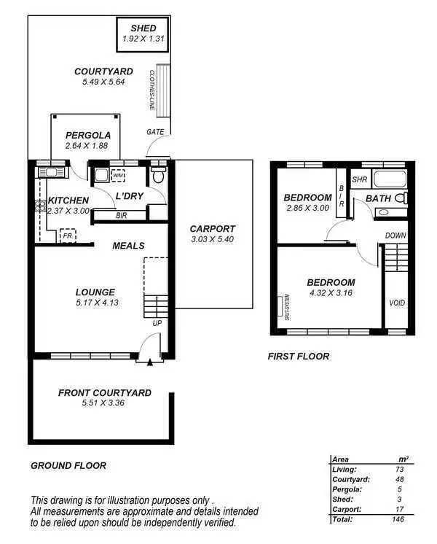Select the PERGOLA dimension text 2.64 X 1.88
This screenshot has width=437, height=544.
tap(87, 146)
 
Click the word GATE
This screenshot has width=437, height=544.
tap(155, 132)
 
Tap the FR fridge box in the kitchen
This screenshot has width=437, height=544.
tap(67, 236)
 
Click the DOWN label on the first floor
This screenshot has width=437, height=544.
tap(395, 236)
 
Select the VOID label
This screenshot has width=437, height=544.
tap(397, 303)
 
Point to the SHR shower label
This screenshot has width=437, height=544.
tap(359, 179)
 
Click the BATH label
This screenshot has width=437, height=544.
tap(378, 198)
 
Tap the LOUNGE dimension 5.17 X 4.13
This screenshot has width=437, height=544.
tap(96, 303)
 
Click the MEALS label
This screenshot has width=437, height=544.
tap(128, 246)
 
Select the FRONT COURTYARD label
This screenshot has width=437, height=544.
tap(105, 393)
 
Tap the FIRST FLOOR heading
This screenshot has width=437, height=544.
tap(299, 357)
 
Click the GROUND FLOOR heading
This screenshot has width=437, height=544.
tap(68, 465)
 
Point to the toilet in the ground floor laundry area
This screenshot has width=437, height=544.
tap(159, 176)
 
